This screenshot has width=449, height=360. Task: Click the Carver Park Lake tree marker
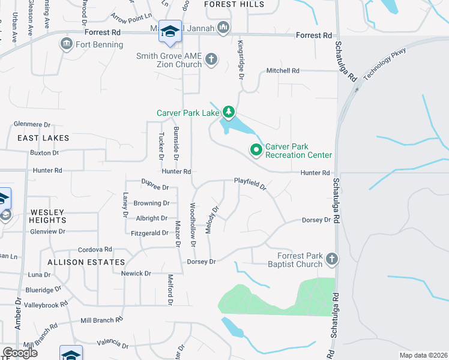(228, 112)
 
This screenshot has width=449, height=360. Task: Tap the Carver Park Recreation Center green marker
(256, 150)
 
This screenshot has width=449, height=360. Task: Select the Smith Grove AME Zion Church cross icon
(211, 59)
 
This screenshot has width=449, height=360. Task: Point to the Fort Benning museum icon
(66, 44)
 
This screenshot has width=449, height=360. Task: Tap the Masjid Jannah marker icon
(223, 27)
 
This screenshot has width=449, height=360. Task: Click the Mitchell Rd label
(283, 70)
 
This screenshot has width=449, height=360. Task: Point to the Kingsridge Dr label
(240, 61)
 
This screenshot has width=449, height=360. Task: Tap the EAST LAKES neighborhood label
(43, 138)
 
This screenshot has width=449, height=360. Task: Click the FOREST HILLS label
(234, 4)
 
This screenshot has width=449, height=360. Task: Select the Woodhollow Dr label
(193, 225)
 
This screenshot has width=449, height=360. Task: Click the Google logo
(20, 353)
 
